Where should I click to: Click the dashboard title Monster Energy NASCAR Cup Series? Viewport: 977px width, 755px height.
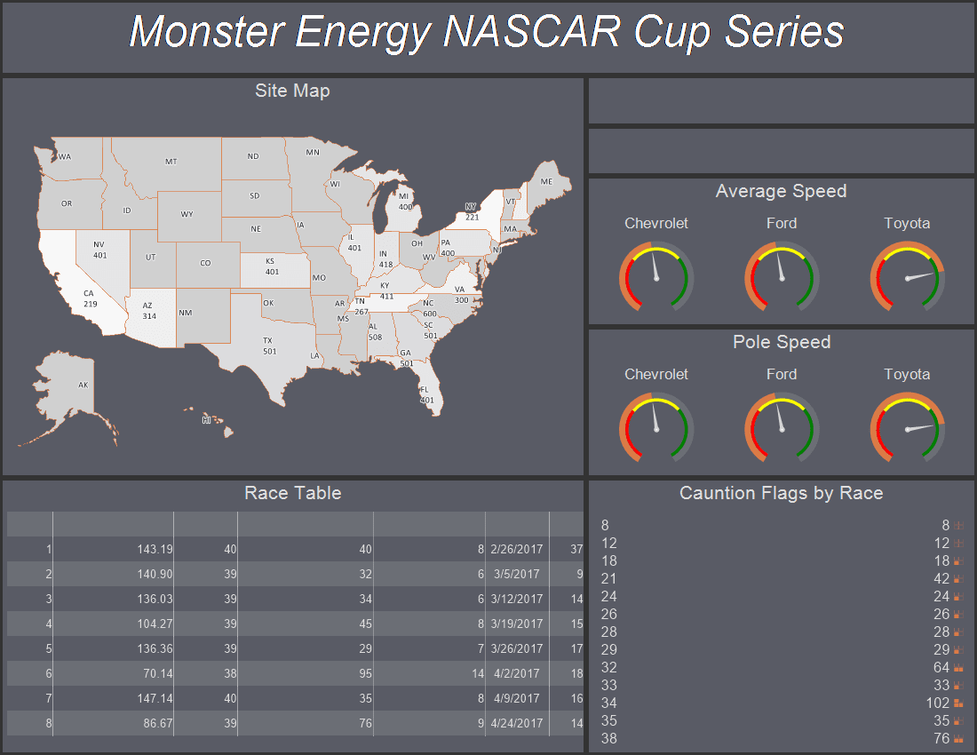click(487, 32)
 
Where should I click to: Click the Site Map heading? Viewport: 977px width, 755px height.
click(292, 91)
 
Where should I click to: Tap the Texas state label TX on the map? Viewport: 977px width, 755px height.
click(267, 341)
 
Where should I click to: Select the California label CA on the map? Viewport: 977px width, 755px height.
click(89, 293)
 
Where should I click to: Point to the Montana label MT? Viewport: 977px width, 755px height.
click(171, 162)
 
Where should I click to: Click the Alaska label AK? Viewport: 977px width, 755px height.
click(83, 385)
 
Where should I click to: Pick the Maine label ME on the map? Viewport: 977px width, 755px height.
click(546, 182)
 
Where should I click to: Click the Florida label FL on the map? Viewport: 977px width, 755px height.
click(425, 390)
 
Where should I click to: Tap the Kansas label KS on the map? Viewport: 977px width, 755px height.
click(270, 262)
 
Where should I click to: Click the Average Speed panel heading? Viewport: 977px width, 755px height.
click(781, 191)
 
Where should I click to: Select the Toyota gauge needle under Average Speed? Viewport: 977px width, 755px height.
click(920, 276)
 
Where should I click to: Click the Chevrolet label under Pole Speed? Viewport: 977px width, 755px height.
click(656, 374)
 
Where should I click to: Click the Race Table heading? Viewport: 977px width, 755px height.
click(293, 493)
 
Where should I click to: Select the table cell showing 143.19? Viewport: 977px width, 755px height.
click(155, 550)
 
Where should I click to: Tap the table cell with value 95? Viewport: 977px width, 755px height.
click(365, 674)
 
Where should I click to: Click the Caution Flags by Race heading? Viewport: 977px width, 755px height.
click(782, 493)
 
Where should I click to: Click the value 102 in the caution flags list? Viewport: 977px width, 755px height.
click(938, 703)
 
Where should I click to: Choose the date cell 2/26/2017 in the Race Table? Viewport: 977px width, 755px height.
click(517, 550)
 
